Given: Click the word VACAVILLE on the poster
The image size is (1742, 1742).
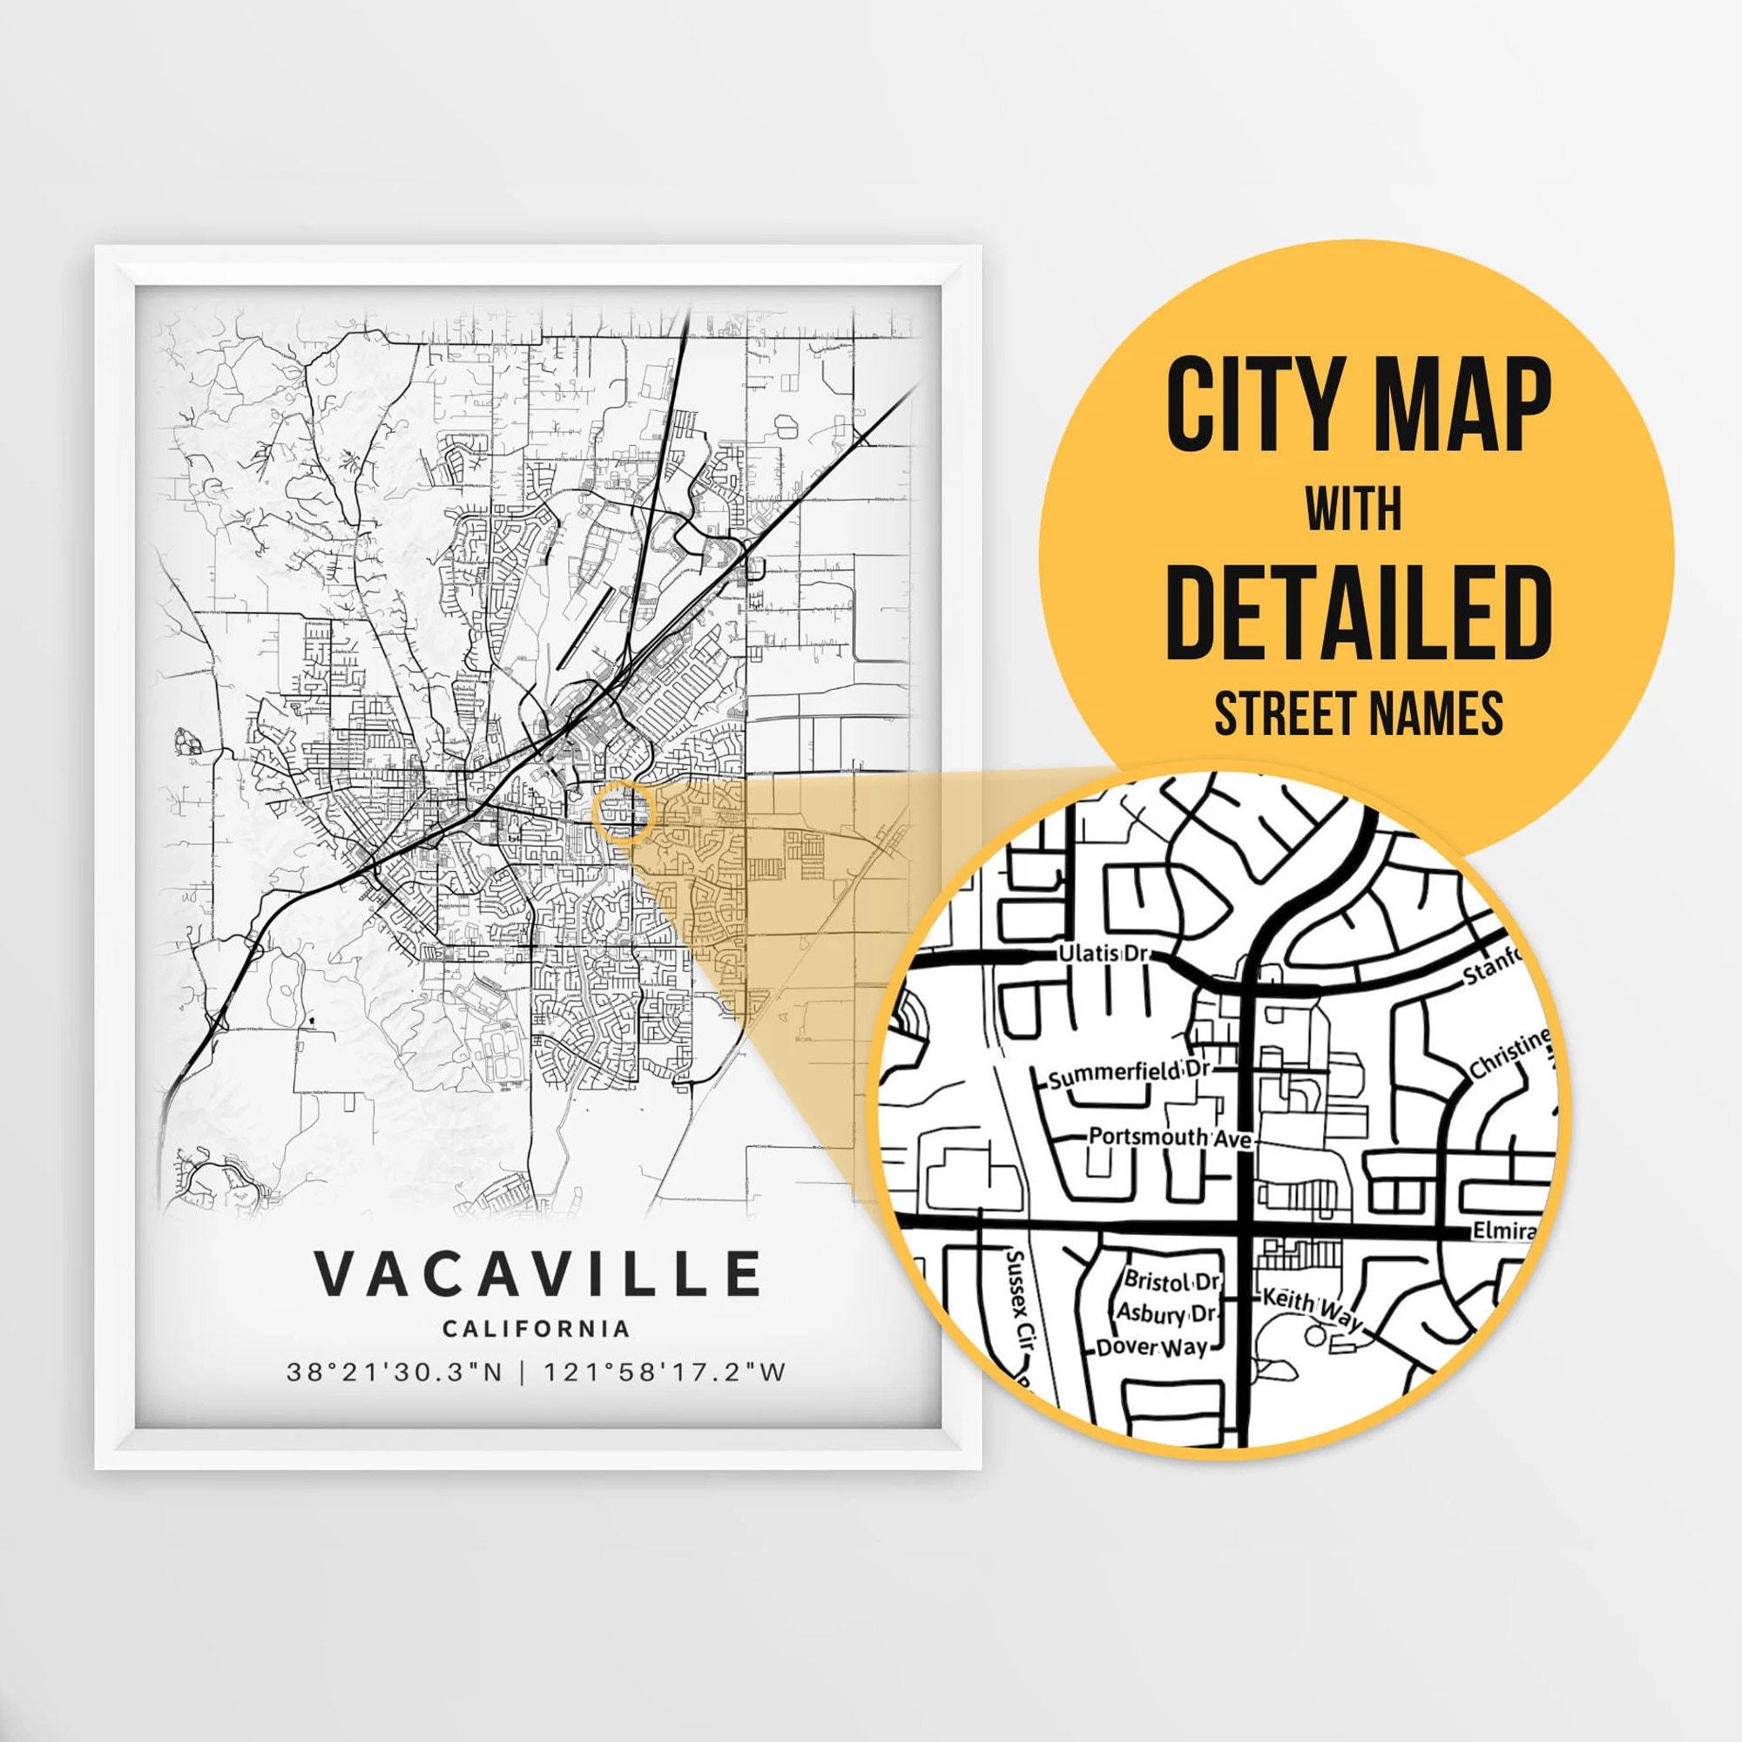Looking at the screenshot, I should pyautogui.click(x=537, y=1273).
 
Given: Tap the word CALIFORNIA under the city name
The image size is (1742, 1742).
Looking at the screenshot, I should pyautogui.click(x=536, y=1328).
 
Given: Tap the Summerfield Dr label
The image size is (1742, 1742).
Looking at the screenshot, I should pyautogui.click(x=1128, y=1072).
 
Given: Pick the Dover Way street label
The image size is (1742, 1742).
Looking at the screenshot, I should pyautogui.click(x=1151, y=1348).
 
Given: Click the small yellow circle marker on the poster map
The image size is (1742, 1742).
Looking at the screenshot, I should pyautogui.click(x=623, y=812).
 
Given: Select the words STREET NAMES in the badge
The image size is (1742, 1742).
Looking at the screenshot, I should pyautogui.click(x=1358, y=713).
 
